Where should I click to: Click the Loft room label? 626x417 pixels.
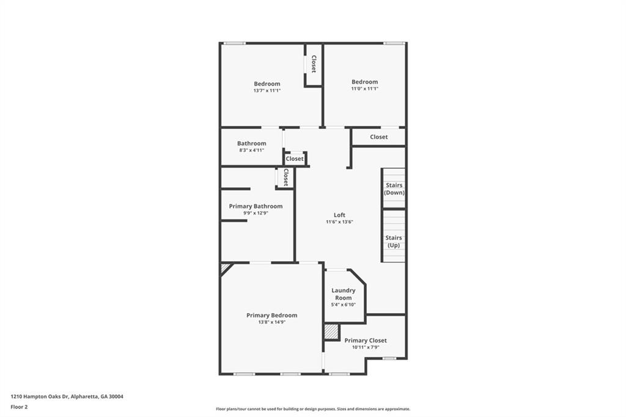[x=339, y=215]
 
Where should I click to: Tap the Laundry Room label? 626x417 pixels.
[x=344, y=294]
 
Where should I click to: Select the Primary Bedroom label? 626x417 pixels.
[x=272, y=315]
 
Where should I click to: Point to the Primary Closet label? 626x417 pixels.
[x=366, y=341]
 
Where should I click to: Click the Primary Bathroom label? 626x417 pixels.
[x=256, y=206]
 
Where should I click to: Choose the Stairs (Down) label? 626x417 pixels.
[x=394, y=189]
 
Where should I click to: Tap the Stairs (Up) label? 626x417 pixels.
[x=394, y=242]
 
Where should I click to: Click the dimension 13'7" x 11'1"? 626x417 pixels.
[x=267, y=90]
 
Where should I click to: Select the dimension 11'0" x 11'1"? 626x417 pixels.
[x=364, y=89]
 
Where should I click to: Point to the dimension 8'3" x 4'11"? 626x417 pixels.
[x=251, y=150]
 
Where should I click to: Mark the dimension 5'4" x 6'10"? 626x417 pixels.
[x=344, y=304]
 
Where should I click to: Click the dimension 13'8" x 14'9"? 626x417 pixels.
[x=272, y=322]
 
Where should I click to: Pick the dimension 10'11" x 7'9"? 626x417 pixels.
[x=366, y=347]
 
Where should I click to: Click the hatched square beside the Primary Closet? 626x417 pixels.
[x=331, y=331]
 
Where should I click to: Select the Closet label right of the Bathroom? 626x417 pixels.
[x=295, y=158]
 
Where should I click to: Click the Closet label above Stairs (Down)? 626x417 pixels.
[x=379, y=136]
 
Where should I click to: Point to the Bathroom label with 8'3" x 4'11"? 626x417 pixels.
[x=251, y=144]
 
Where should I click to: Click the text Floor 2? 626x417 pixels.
[x=19, y=407]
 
